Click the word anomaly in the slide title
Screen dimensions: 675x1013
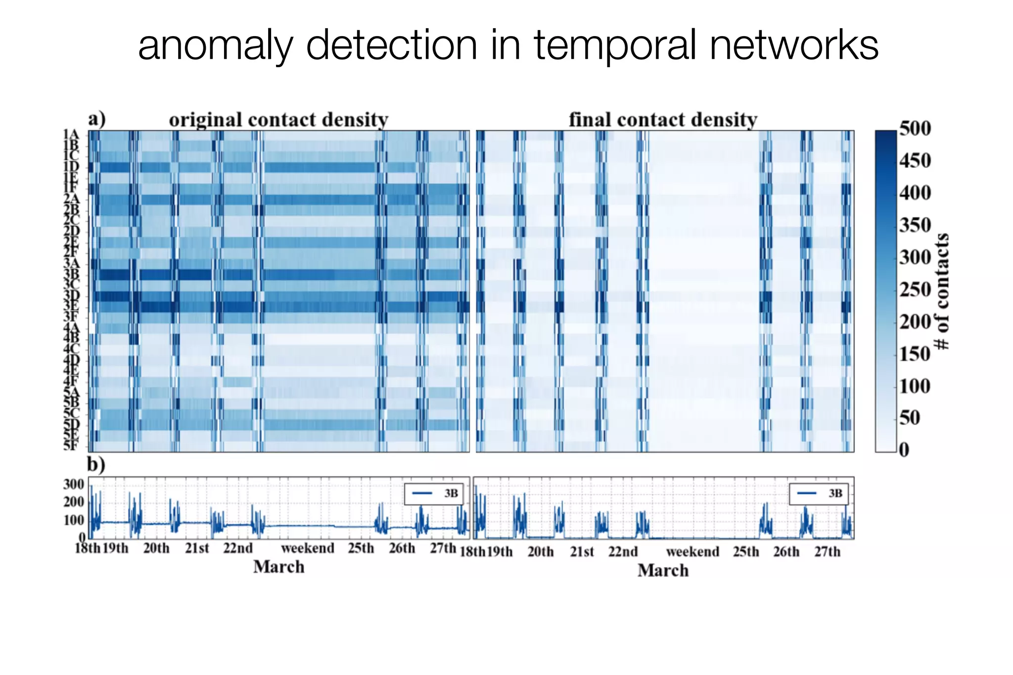click(216, 45)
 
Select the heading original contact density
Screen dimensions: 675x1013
click(278, 120)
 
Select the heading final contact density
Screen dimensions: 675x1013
click(663, 120)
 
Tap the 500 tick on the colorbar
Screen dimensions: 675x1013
click(915, 129)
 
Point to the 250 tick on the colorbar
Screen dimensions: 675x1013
click(915, 289)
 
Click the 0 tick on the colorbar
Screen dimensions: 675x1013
click(904, 450)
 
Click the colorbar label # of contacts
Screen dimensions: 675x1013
click(941, 292)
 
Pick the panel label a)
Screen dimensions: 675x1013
click(97, 120)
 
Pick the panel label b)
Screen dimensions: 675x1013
click(96, 465)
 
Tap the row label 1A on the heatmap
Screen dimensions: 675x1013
click(71, 135)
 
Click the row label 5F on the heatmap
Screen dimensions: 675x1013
click(71, 446)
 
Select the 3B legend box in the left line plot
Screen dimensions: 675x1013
click(434, 494)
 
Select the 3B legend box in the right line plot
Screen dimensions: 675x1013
click(819, 494)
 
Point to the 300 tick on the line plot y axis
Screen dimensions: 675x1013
click(73, 484)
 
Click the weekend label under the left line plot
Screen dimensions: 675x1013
click(308, 548)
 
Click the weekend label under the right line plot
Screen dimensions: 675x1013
click(692, 552)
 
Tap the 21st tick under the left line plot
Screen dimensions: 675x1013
click(197, 548)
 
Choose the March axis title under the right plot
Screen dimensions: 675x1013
click(663, 571)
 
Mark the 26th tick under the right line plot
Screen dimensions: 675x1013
click(786, 552)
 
